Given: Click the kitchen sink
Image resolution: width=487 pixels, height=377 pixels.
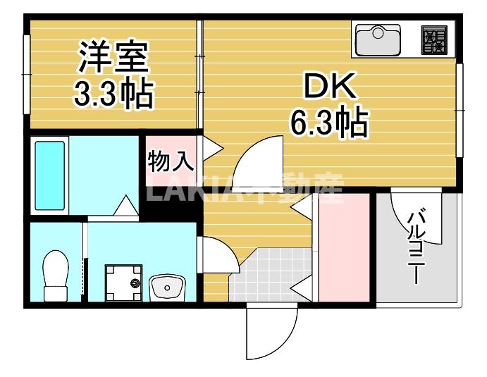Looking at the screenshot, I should point(377,39).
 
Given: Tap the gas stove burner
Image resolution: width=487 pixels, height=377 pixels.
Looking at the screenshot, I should point(436,39).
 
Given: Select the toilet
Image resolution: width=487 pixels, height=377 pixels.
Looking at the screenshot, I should point(56,275).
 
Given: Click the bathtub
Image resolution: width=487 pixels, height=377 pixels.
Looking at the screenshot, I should point(49,176).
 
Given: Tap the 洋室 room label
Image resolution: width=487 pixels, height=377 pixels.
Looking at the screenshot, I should point(113,58).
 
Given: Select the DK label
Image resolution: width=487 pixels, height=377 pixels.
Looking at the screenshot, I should point(329,87).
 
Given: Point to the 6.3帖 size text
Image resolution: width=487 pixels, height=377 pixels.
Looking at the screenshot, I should point(330,124).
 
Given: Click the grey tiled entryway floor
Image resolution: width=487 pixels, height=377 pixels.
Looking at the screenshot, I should point(264,278).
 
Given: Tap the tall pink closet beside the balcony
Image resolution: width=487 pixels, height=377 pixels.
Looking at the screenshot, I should point(344,247).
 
